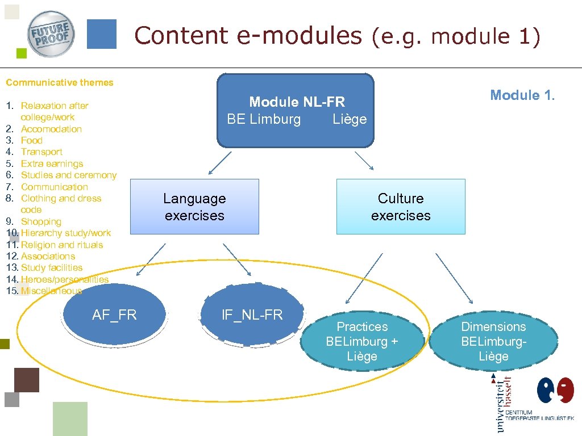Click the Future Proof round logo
[x=51, y=34]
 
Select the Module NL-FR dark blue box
[x=296, y=110]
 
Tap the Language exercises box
[x=194, y=207]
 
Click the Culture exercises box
[x=401, y=207]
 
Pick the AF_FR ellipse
[x=114, y=316]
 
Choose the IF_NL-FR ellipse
[x=252, y=316]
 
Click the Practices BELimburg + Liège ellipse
[x=362, y=341]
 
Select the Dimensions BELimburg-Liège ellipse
[x=493, y=341]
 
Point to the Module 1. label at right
[x=522, y=95]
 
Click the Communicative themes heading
[x=60, y=82]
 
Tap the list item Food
[x=32, y=140]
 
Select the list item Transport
[x=41, y=152]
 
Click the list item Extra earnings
[x=52, y=163]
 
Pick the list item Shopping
[x=41, y=221]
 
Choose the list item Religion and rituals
[x=62, y=245]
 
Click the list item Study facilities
[x=52, y=267]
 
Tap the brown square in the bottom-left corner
[x=27, y=380]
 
